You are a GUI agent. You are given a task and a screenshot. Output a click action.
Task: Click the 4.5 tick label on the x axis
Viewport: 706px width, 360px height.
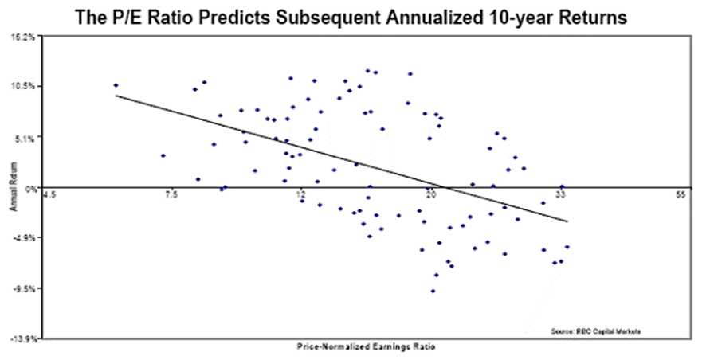[49, 195]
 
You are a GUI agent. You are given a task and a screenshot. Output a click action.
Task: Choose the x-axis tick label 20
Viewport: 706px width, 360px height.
[430, 195]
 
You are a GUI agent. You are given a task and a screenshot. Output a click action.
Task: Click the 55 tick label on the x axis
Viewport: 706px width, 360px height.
[680, 195]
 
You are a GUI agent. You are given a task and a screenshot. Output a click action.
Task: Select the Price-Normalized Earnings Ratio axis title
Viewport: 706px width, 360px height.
[366, 347]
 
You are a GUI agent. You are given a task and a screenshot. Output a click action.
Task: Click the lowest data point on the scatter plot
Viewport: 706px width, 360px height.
[433, 292]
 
